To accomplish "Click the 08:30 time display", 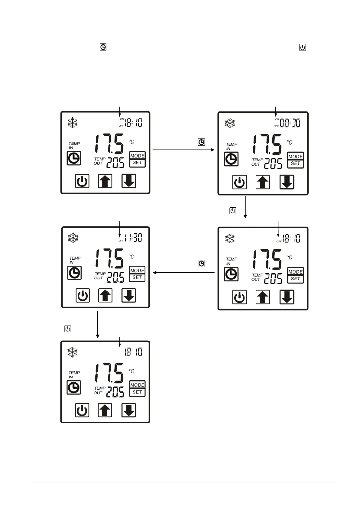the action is (x=290, y=123).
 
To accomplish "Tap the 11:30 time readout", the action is (x=134, y=238).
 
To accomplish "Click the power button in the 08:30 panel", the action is (x=239, y=182).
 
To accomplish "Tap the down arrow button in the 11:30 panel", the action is (x=129, y=295).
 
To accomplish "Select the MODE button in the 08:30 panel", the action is (x=295, y=157).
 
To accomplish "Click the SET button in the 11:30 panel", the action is (x=137, y=277).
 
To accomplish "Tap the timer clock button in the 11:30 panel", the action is (x=74, y=273).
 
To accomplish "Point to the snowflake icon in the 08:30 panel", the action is (x=230, y=123).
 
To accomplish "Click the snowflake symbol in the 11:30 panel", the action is (x=73, y=238).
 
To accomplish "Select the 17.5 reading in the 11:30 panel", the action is (x=110, y=259).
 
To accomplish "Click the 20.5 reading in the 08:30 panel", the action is (x=273, y=164).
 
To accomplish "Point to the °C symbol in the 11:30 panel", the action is (x=131, y=257).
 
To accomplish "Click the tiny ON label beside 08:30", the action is (x=277, y=119).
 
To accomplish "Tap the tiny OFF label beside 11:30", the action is (x=121, y=241).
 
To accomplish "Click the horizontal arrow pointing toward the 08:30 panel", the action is (x=183, y=150).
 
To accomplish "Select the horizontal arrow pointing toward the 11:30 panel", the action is (x=184, y=273).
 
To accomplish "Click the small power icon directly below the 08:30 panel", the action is (x=233, y=211).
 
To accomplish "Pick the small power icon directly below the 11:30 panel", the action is (x=68, y=329).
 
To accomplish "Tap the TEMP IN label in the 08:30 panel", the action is (x=231, y=146).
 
